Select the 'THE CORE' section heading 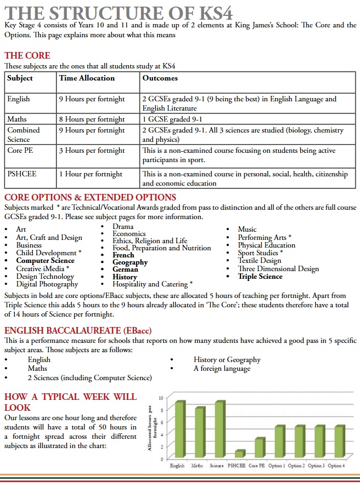point(27,55)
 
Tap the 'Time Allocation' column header point(87,78)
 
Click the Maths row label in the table point(17,119)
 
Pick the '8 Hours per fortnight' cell point(92,119)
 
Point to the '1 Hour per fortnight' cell point(91,174)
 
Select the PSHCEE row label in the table point(22,174)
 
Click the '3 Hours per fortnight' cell point(92,151)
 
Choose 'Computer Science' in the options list point(45,261)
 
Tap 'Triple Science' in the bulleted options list point(260,277)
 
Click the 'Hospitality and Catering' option point(152,284)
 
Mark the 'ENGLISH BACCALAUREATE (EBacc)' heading point(77,330)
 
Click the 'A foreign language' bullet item point(222,369)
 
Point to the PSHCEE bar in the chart point(238,454)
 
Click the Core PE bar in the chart point(259,448)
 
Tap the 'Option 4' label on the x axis point(336,466)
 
